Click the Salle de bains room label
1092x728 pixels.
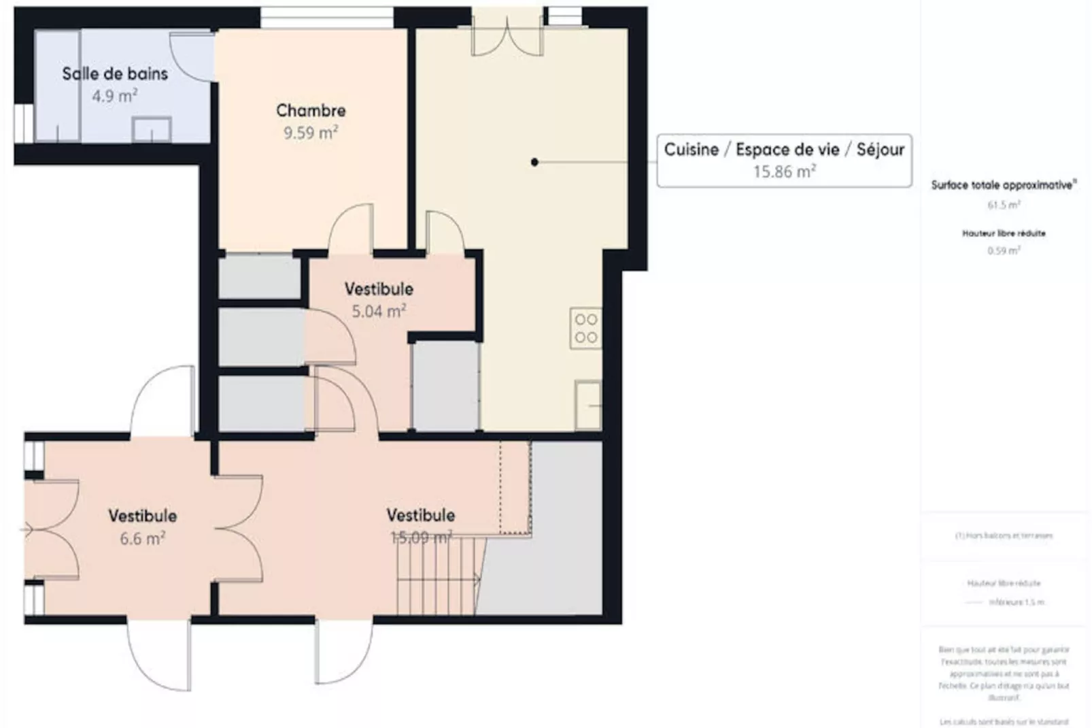[115, 73]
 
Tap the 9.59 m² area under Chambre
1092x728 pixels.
[311, 133]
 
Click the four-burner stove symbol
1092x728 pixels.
[585, 328]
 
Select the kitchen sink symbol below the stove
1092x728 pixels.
[587, 405]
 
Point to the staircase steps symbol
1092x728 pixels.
[439, 575]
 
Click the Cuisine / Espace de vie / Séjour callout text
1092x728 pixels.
[784, 150]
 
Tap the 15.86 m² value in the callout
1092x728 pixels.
[784, 172]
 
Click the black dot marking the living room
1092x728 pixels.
[534, 162]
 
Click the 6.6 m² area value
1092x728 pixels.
[143, 539]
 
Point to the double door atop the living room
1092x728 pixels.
[507, 34]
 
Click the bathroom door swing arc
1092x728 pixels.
[191, 58]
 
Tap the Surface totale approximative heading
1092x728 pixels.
[1004, 184]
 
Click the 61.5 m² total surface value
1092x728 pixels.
[1004, 205]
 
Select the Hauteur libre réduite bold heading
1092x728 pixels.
[1004, 233]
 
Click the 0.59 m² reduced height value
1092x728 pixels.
[1004, 251]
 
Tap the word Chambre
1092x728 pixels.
[311, 110]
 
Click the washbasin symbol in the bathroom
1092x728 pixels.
[151, 129]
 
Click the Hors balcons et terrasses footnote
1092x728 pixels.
[1004, 535]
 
